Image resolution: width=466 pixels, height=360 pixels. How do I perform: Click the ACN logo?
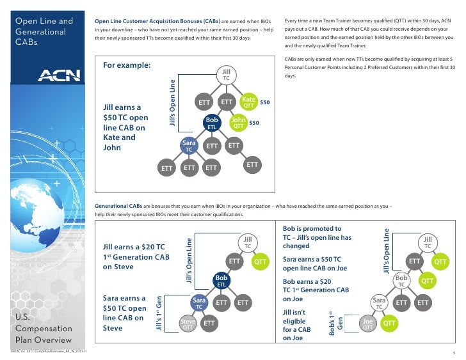[x=59, y=77]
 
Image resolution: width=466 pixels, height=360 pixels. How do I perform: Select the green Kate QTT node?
[x=249, y=102]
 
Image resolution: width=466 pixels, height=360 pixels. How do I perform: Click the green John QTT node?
[x=238, y=123]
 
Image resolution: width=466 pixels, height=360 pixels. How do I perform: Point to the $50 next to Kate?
[x=265, y=102]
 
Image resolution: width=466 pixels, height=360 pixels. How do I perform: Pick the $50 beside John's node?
[x=253, y=122]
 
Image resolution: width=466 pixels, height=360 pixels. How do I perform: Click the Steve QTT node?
[x=188, y=324]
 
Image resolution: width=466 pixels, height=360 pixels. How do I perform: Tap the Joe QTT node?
[x=367, y=324]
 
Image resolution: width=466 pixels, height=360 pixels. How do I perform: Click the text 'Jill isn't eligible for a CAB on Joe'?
[x=303, y=326]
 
